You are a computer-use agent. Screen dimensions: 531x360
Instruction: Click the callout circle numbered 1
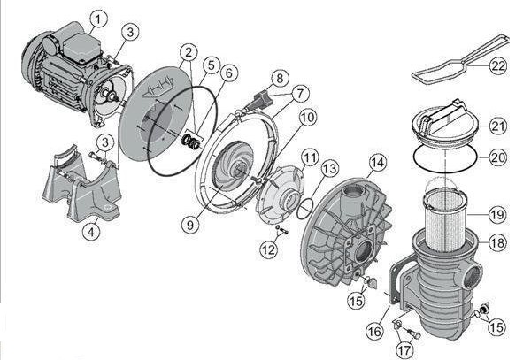98,20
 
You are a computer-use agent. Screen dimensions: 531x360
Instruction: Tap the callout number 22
497,65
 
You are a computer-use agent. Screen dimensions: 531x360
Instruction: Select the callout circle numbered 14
378,163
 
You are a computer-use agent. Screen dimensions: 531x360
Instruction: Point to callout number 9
190,225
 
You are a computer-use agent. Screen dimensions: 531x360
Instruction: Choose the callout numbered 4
91,232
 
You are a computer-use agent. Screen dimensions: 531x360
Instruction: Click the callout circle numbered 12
268,250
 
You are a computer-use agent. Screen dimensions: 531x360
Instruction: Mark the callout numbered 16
375,331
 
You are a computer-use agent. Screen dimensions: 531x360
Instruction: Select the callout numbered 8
280,79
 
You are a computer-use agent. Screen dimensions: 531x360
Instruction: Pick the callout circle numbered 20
497,157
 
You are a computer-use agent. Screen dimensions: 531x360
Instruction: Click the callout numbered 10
308,118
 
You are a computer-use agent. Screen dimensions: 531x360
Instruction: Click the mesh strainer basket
444,222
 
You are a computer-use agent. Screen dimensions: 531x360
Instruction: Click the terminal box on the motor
82,48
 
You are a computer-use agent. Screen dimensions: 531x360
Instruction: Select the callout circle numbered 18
497,242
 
